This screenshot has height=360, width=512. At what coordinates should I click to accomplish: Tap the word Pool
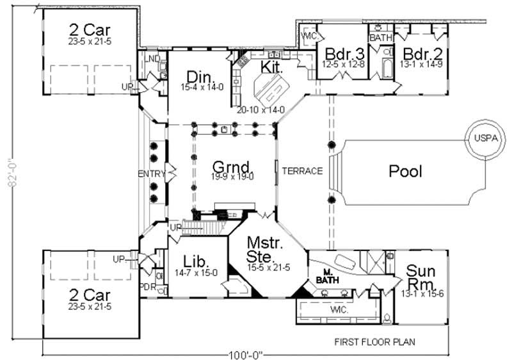(405, 171)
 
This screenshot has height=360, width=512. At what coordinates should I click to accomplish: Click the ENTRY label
(151, 174)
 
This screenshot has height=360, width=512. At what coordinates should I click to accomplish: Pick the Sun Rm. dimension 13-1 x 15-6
(420, 294)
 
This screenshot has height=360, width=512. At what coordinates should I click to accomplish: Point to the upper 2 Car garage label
(90, 29)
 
